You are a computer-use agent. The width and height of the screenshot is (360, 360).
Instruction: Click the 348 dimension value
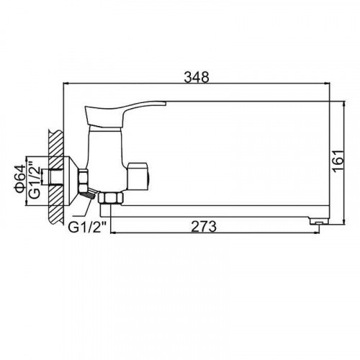pos(197,77)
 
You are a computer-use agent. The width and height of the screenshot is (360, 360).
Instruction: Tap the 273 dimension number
pos(204,226)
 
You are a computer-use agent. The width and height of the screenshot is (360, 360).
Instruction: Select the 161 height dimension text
pos(338,161)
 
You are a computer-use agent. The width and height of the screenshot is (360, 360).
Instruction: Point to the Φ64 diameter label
pos(20,179)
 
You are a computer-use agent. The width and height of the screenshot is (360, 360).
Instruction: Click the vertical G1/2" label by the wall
pos(35,179)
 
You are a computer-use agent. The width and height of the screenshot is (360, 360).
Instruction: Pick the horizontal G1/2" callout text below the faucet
pos(87,227)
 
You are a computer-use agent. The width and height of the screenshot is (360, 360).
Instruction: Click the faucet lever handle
pos(122,114)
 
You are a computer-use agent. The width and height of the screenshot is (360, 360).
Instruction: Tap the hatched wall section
pos(56,177)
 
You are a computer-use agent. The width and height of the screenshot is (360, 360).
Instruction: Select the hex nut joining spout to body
pos(111,198)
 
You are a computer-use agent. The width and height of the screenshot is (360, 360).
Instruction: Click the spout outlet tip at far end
pos(319,221)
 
